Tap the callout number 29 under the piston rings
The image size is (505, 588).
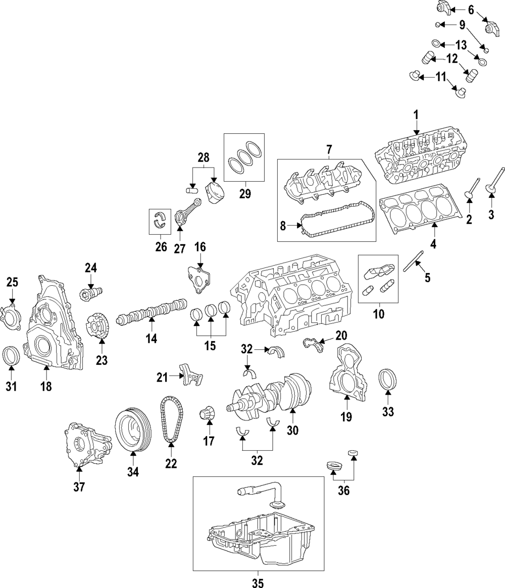(x=245, y=194)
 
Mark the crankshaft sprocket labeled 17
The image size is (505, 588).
(x=208, y=414)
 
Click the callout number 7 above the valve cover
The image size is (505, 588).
(x=328, y=150)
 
